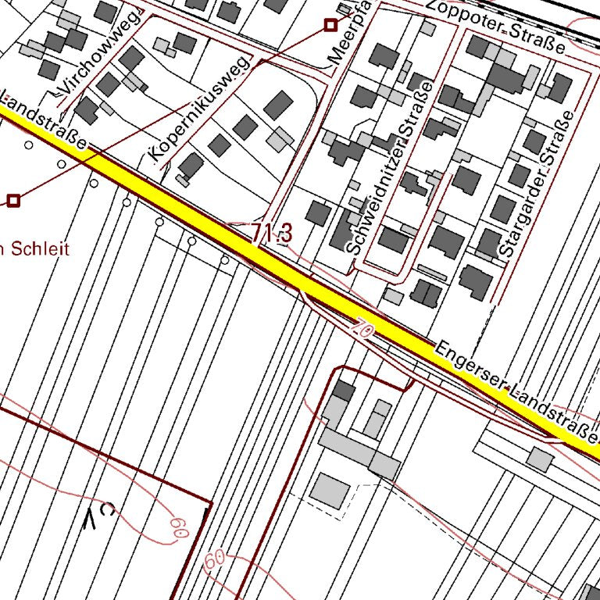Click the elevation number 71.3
pyautogui.click(x=272, y=232)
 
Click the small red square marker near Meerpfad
pyautogui.click(x=330, y=26)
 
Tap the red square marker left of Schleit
pyautogui.click(x=13, y=201)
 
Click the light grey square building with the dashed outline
pyautogui.click(x=330, y=491)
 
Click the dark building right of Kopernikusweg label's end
pyautogui.click(x=278, y=105)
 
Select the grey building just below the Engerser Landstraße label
pyautogui.click(x=539, y=458)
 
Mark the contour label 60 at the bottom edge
pyautogui.click(x=214, y=559)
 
